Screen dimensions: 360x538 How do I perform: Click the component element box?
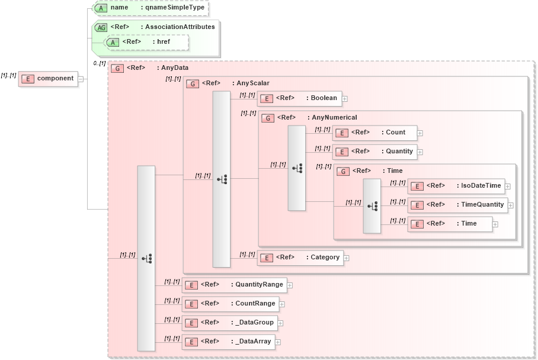49,78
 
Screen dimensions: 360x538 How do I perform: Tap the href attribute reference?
146,42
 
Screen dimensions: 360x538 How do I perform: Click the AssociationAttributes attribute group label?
178,27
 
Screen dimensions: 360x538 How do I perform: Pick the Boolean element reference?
299,98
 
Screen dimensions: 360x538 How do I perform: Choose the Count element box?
374,133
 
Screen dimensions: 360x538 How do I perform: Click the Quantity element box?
374,152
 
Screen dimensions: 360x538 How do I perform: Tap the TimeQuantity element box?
457,205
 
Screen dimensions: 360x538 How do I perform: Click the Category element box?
300,258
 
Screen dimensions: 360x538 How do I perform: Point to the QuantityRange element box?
234,285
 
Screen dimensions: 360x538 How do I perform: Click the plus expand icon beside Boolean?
344,99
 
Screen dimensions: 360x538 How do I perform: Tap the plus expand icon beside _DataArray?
277,342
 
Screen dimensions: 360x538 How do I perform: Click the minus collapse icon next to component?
81,79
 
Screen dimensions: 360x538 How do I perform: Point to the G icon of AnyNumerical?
268,118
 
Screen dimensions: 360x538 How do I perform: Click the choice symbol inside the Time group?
372,206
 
